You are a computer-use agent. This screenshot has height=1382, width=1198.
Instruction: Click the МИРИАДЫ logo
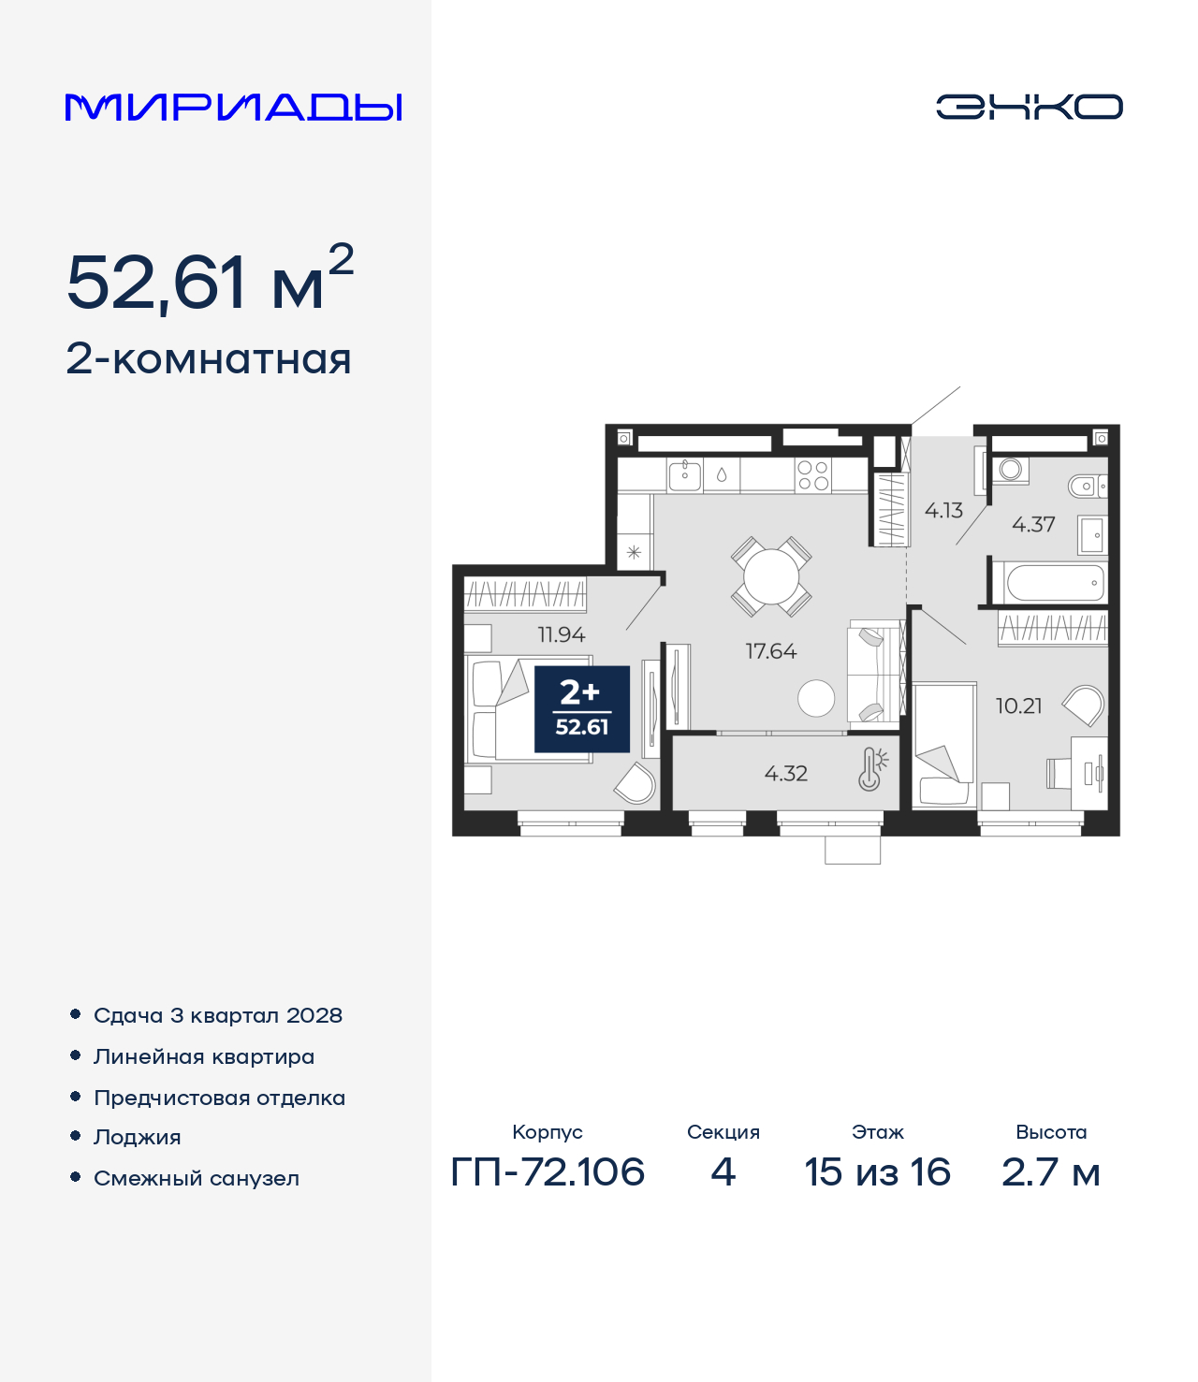point(233,107)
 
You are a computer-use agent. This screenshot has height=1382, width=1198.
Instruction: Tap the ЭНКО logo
point(1029,107)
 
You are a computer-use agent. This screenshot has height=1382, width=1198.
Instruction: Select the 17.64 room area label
point(771,651)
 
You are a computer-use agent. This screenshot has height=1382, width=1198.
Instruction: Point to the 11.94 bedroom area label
point(562,634)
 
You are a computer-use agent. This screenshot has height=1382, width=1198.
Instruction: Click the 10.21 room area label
point(1018,706)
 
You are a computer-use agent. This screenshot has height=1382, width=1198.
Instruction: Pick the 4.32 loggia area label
point(786,774)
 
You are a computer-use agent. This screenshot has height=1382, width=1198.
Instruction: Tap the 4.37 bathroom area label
point(1033,525)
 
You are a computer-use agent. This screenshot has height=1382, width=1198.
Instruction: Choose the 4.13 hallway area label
point(943,511)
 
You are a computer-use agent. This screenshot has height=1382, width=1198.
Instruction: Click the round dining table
point(771,576)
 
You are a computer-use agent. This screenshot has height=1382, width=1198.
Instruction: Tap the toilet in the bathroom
point(1088,486)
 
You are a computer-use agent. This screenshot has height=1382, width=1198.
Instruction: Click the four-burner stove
point(813,475)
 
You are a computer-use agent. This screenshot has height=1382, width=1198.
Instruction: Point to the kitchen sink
point(684,475)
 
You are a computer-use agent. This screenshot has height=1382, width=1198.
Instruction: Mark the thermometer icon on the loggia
point(871,769)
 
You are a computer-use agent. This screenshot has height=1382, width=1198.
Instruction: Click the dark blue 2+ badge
point(582,709)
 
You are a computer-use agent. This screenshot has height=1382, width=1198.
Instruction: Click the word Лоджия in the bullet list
point(138,1137)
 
